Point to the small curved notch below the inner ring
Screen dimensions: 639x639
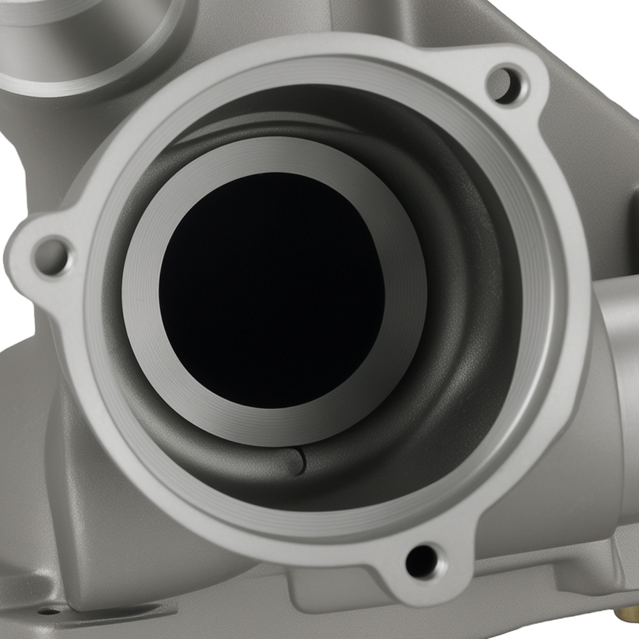300,461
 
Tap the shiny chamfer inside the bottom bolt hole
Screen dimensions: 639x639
429,555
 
